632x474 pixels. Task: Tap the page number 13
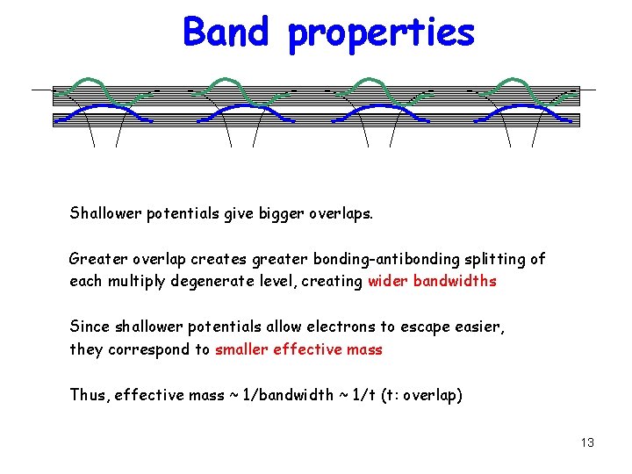(587, 442)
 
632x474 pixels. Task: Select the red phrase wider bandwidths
(432, 281)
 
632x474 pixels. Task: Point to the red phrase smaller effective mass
(298, 349)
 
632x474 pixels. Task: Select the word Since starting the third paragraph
(89, 327)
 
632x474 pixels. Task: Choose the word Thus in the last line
(88, 395)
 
